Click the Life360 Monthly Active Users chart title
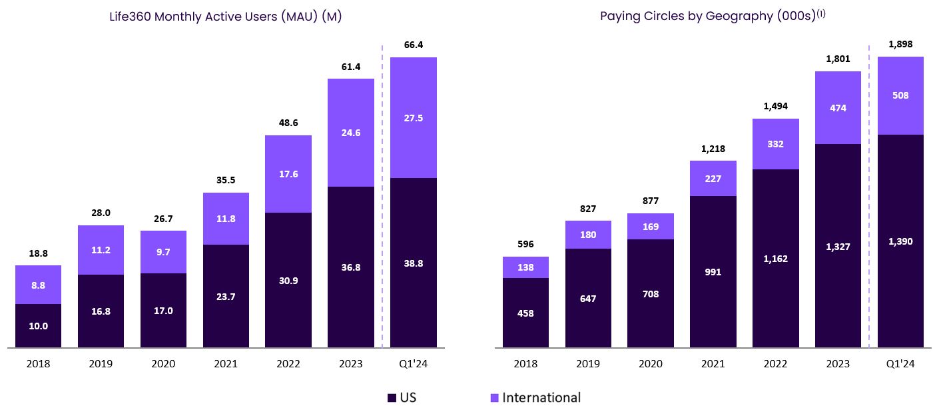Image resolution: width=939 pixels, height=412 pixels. point(225,17)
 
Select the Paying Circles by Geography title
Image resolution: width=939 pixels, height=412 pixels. point(712,17)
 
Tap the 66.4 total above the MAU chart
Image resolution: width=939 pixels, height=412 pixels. point(413,45)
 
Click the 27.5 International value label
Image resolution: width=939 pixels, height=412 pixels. point(413,118)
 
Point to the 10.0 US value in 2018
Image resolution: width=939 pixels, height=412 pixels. point(38,326)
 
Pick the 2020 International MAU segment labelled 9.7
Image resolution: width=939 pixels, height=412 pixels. point(163,252)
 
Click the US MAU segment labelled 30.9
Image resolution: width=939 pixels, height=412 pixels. point(288,281)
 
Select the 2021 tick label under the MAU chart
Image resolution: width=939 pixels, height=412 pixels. point(226,364)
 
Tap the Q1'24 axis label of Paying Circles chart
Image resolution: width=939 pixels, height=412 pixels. point(900,364)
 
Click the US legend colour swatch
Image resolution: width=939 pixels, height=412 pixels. point(392,398)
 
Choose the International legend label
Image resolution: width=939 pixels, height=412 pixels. point(541,398)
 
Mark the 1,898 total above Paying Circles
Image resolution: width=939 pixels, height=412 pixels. point(900,44)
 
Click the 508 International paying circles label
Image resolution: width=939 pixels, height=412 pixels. point(900,95)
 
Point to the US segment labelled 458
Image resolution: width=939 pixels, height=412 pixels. point(525,313)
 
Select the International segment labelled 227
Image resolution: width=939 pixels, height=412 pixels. point(713,179)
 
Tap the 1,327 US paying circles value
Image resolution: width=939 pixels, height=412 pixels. point(838,247)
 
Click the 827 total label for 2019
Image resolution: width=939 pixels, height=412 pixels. point(588,209)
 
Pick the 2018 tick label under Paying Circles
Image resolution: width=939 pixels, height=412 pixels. point(525,364)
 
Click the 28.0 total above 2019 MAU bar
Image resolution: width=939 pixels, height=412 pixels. point(101,213)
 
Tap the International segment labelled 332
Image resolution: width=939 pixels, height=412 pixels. point(776,144)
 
